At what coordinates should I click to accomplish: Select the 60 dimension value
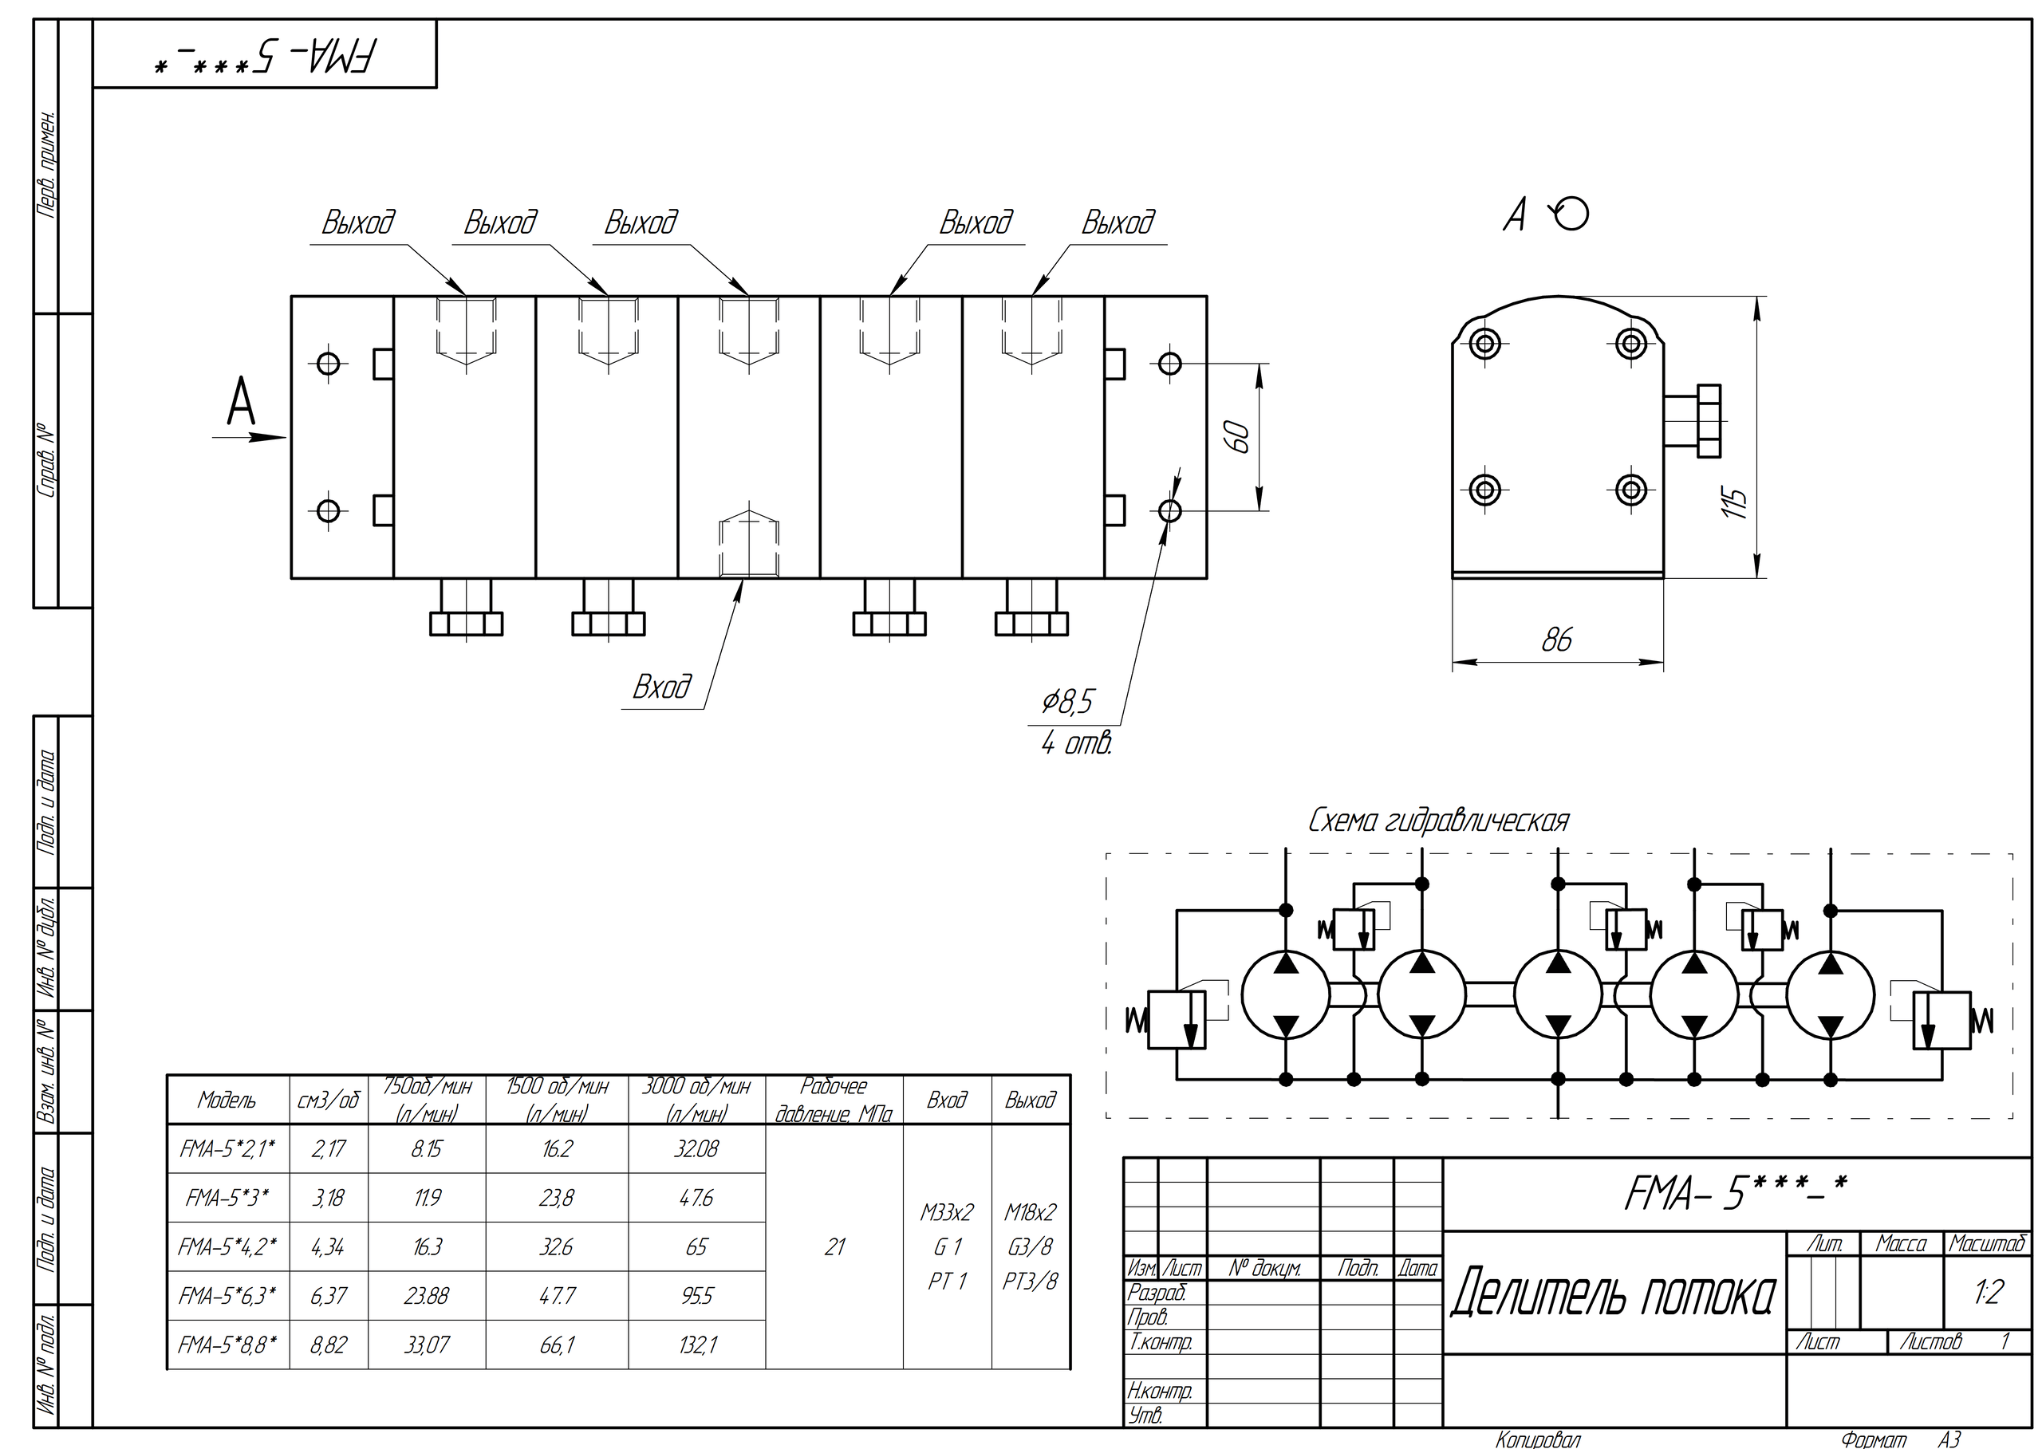(1240, 436)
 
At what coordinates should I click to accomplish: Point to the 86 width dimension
(1556, 640)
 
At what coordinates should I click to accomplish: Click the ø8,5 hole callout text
(1066, 703)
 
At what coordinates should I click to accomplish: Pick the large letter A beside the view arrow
(241, 403)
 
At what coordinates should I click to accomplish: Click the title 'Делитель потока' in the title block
(1613, 1294)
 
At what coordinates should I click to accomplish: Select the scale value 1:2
(1989, 1291)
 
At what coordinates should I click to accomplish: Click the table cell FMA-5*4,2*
(227, 1246)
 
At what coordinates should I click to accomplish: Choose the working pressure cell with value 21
(834, 1246)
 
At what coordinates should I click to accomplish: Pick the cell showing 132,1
(696, 1345)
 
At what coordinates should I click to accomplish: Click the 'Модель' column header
(227, 1101)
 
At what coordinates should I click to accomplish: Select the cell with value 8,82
(329, 1345)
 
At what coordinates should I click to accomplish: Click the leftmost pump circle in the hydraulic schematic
(1285, 995)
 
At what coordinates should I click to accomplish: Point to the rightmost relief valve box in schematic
(1942, 1020)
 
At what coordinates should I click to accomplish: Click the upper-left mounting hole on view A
(1484, 343)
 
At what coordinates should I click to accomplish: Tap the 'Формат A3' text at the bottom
(1901, 1439)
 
